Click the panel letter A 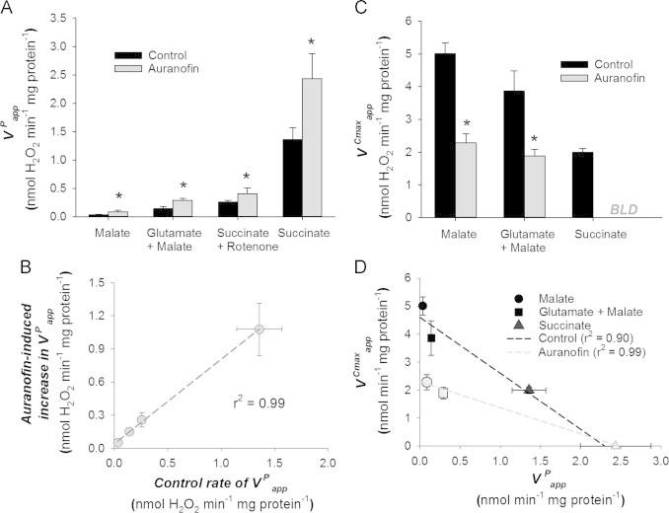[10, 9]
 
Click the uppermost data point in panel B [259, 329]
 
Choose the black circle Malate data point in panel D [423, 306]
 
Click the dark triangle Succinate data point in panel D [530, 390]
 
